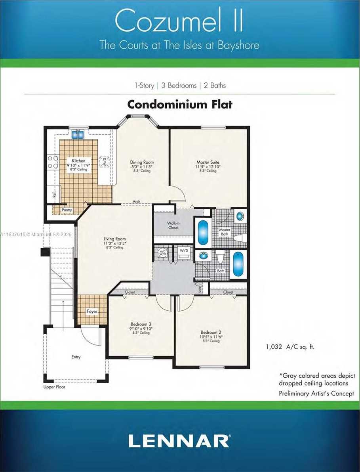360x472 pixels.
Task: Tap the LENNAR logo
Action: click(179, 440)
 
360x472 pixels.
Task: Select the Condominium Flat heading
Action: click(179, 105)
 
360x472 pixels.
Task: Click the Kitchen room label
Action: click(79, 161)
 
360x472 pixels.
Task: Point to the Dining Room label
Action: click(142, 162)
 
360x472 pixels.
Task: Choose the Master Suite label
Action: click(208, 162)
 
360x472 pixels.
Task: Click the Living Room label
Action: click(114, 239)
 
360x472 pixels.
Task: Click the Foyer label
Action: click(92, 311)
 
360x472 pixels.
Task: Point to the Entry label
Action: click(76, 357)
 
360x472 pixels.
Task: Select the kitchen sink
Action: click(78, 135)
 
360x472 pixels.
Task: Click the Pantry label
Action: click(67, 210)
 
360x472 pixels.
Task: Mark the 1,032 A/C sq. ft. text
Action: click(290, 347)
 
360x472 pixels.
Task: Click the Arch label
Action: click(137, 201)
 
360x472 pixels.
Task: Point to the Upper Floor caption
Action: click(54, 387)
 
